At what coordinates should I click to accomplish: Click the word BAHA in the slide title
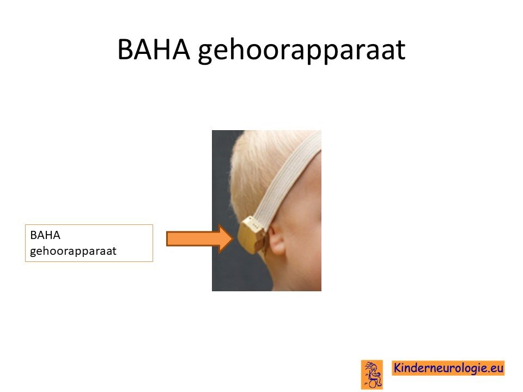154,50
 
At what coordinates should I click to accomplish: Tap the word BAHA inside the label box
45,235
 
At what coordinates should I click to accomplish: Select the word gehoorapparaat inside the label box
73,251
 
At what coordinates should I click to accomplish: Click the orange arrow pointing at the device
200,238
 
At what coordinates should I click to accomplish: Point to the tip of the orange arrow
233,238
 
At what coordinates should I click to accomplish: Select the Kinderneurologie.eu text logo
448,368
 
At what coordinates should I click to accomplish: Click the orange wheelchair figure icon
372,375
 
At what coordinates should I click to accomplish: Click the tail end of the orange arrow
167,238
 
